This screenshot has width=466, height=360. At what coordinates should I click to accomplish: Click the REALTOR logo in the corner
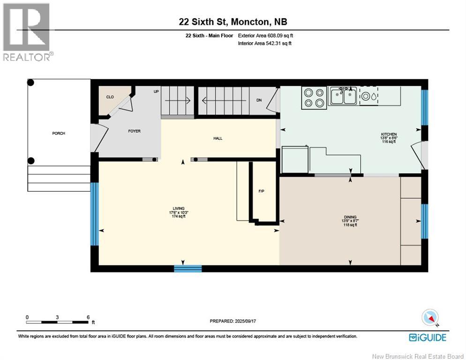click(27, 31)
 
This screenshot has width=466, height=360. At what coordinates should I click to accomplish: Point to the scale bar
click(57, 322)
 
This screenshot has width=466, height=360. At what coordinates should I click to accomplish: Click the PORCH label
click(59, 134)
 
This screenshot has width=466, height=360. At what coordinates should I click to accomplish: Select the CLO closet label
click(110, 97)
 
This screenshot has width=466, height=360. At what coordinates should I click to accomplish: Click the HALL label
click(218, 138)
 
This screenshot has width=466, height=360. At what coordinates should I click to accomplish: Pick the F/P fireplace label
click(263, 191)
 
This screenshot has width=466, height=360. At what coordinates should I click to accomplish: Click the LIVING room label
click(178, 208)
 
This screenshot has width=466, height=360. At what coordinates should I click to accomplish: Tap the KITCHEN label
click(388, 135)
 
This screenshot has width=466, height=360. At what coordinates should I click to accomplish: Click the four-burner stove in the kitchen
click(314, 97)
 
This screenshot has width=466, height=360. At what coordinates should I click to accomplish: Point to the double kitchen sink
click(343, 96)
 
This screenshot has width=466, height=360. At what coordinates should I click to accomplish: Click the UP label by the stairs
click(156, 91)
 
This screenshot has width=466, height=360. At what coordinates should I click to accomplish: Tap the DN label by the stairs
click(259, 100)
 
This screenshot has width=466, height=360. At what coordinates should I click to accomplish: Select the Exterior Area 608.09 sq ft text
click(265, 36)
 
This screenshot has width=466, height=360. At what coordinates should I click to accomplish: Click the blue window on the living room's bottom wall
click(188, 269)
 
